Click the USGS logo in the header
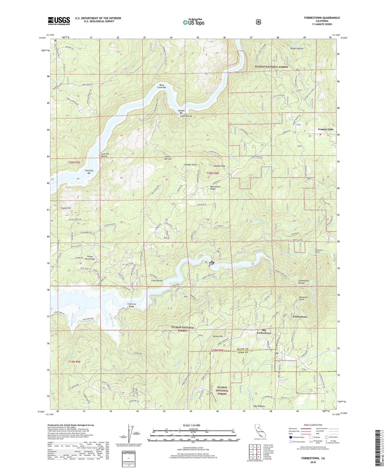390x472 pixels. pos(59,21)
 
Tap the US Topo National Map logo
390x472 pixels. pos(194,22)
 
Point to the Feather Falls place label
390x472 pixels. pos(326,129)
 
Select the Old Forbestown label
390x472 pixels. pos(264,331)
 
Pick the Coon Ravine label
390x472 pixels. pos(157,281)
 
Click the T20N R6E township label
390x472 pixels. pos(213,173)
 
